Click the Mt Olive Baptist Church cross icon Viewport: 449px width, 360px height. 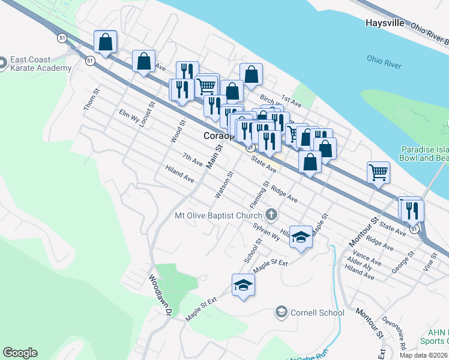click(271, 214)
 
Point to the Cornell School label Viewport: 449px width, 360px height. click(316, 312)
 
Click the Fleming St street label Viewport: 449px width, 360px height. click(259, 196)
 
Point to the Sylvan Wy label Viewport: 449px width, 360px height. click(267, 232)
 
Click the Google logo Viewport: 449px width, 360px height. click(20, 353)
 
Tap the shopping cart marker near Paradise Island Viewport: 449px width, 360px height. click(378, 172)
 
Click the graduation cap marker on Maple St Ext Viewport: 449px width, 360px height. click(243, 284)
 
